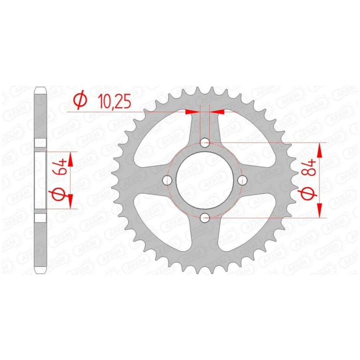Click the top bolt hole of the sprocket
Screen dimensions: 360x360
[x=205, y=143]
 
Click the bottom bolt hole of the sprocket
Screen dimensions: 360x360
[x=205, y=218]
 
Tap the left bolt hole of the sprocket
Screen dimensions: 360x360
[x=167, y=180]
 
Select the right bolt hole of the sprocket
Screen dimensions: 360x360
[x=242, y=180]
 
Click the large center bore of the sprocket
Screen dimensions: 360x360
[x=205, y=180]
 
